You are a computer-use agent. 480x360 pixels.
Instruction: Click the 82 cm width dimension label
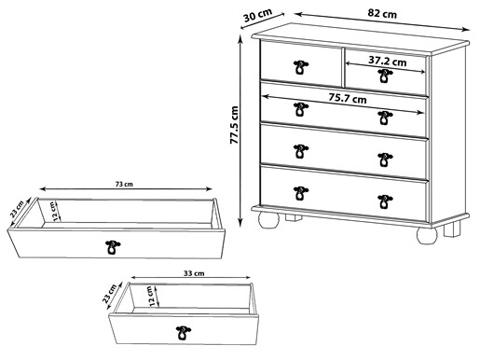pyautogui.click(x=382, y=14)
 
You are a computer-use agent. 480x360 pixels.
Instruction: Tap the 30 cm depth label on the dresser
pyautogui.click(x=257, y=15)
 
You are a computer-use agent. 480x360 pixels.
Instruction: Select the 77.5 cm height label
pyautogui.click(x=234, y=125)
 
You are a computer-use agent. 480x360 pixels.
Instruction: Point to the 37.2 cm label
pyautogui.click(x=388, y=61)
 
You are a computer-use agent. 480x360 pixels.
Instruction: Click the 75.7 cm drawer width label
pyautogui.click(x=348, y=98)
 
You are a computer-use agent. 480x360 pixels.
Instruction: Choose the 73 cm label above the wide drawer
pyautogui.click(x=124, y=184)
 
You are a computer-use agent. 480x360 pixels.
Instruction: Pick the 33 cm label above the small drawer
pyautogui.click(x=194, y=273)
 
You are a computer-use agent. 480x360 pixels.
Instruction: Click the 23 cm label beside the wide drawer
pyautogui.click(x=17, y=209)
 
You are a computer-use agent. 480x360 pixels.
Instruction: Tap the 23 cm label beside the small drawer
pyautogui.click(x=109, y=293)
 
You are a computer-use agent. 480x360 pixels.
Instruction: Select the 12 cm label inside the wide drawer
pyautogui.click(x=54, y=212)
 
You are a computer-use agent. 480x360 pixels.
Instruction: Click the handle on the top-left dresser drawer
pyautogui.click(x=301, y=67)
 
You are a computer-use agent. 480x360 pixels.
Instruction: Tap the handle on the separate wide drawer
pyautogui.click(x=113, y=247)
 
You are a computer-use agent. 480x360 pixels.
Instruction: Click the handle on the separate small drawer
pyautogui.click(x=184, y=333)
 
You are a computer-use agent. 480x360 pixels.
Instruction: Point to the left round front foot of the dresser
pyautogui.click(x=268, y=220)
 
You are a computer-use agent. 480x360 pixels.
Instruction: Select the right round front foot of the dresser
pyautogui.click(x=427, y=235)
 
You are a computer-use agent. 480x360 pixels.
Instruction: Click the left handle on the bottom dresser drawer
pyautogui.click(x=301, y=193)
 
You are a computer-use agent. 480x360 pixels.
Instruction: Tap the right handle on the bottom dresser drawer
pyautogui.click(x=385, y=201)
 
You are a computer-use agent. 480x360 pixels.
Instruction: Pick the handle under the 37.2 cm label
pyautogui.click(x=385, y=76)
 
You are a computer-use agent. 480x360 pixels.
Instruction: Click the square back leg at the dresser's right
pyautogui.click(x=452, y=228)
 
